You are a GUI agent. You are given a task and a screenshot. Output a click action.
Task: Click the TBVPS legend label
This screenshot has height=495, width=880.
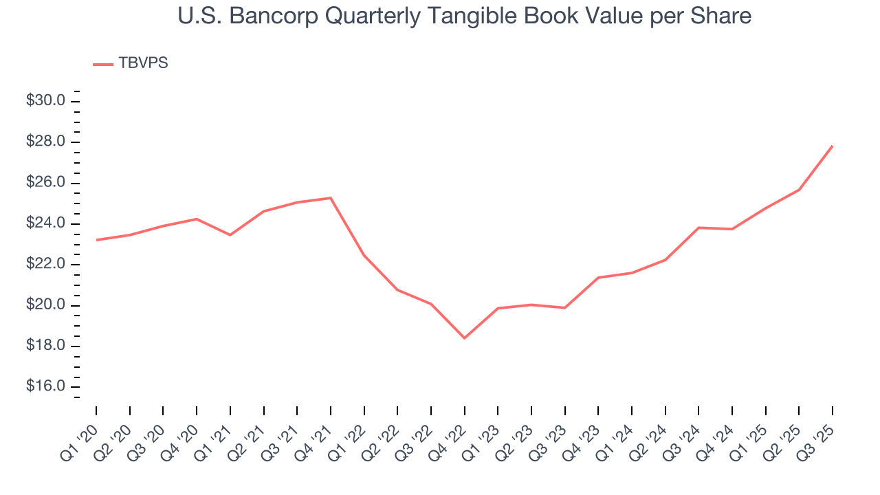(x=143, y=63)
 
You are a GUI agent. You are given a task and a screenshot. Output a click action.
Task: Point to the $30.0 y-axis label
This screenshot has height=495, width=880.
(x=45, y=101)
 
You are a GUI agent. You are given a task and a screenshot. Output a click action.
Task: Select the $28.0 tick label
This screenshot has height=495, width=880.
(x=45, y=142)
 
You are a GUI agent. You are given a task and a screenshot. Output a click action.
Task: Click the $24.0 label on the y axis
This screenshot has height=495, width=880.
(x=45, y=223)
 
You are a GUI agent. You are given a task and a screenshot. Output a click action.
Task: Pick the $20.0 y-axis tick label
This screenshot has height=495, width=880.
(x=45, y=305)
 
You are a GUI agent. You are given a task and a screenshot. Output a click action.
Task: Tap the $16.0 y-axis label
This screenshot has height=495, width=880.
(x=45, y=387)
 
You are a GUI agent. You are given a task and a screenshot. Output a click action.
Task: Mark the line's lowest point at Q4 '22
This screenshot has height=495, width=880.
(x=465, y=338)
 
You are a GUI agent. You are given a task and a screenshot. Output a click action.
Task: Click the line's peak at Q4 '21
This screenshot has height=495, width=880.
(x=331, y=198)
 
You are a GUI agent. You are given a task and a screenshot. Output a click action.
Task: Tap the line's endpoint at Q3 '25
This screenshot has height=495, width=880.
(x=833, y=146)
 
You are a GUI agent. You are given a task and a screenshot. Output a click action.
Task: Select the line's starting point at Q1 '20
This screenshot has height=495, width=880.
(x=96, y=240)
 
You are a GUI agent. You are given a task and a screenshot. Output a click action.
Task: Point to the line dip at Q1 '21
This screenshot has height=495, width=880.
(x=230, y=235)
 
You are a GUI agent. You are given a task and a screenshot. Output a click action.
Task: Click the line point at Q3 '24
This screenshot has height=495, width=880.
(x=698, y=228)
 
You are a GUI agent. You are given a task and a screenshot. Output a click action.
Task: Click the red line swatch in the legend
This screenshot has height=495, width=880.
(x=103, y=64)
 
